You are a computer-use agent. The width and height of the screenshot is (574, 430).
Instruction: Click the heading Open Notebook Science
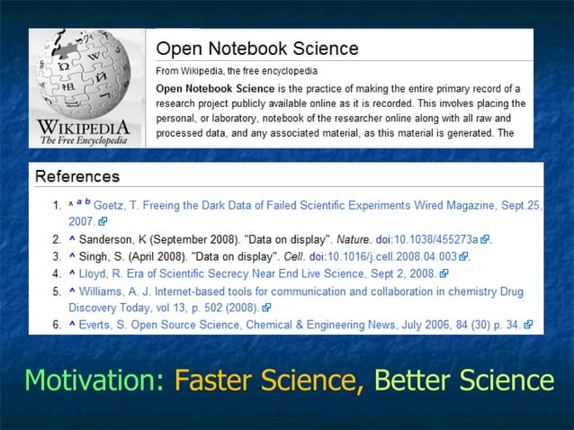[x=257, y=49]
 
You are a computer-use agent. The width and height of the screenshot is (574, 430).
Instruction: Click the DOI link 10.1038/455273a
[x=439, y=240]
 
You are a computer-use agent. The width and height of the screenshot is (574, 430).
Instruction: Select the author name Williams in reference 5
[x=104, y=292]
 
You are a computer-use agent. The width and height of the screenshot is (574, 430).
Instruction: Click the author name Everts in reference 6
[x=98, y=324]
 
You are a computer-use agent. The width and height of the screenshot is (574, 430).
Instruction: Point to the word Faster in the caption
[x=213, y=380]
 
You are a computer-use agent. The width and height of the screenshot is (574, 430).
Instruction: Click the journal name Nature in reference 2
[x=354, y=240]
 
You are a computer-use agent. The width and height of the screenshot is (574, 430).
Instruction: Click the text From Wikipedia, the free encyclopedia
[x=236, y=70]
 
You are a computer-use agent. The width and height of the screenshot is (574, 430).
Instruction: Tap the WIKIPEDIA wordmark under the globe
[x=84, y=125]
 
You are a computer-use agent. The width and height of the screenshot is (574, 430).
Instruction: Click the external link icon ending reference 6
[x=528, y=325]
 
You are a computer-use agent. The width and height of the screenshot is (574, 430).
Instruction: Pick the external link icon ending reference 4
[x=444, y=273]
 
